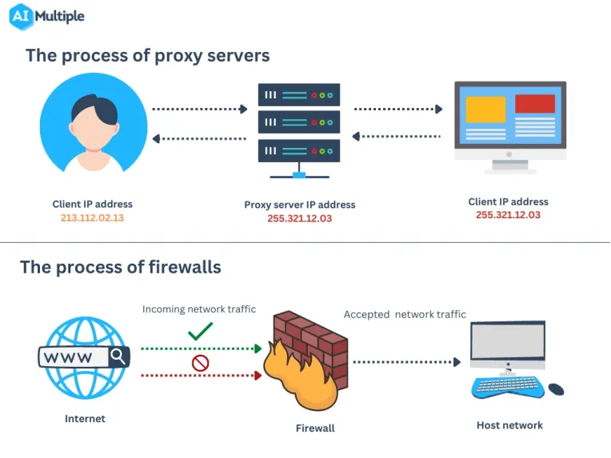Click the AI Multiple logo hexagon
(x=21, y=16)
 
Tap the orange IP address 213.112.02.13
(x=92, y=217)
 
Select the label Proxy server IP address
(x=300, y=205)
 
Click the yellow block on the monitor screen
(x=486, y=110)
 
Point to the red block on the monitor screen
(x=535, y=104)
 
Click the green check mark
(x=200, y=331)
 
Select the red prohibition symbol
(x=200, y=363)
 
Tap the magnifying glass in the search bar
(x=118, y=356)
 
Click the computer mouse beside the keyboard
(x=556, y=388)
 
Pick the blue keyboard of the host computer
(x=507, y=387)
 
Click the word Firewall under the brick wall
(x=315, y=428)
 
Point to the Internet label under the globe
(x=85, y=419)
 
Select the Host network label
(x=509, y=425)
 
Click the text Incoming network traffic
(x=199, y=309)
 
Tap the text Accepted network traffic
(x=405, y=314)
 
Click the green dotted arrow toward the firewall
(x=202, y=348)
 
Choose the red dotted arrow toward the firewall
(x=202, y=376)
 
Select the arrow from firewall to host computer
(x=407, y=362)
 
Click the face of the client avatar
(x=94, y=129)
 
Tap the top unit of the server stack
(x=299, y=94)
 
